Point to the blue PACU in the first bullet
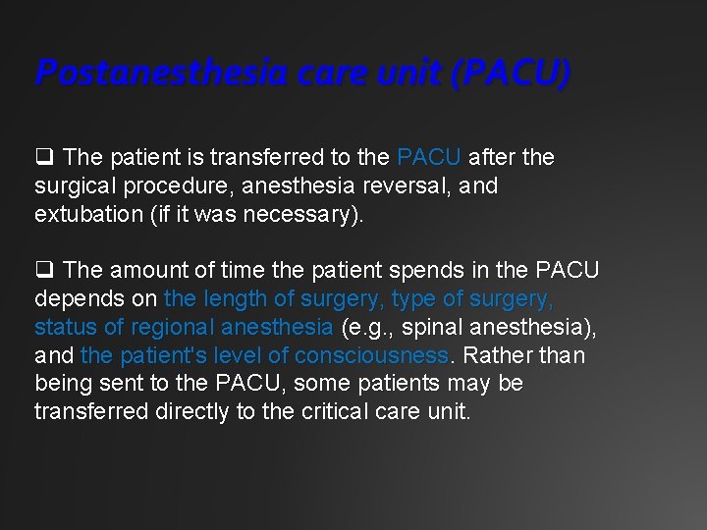[430, 157]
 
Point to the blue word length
[234, 298]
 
